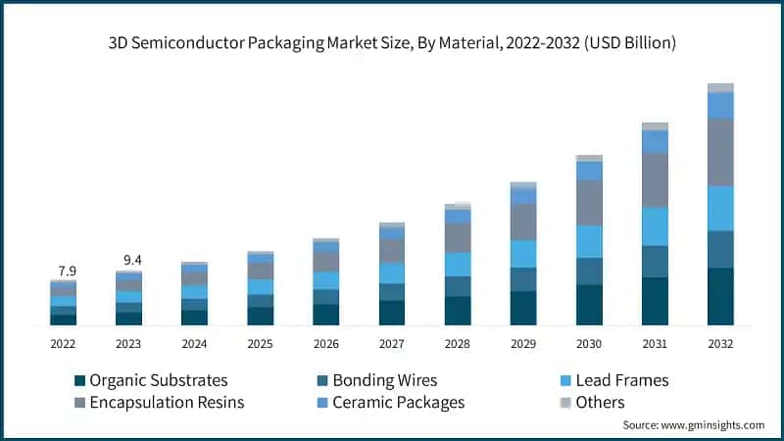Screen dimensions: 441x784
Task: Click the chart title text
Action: tap(392, 43)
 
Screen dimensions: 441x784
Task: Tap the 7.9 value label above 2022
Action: tap(64, 270)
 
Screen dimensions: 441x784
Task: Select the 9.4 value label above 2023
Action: tap(129, 260)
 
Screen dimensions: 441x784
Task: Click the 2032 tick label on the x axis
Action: tap(720, 344)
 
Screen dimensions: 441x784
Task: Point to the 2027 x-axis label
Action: tap(392, 344)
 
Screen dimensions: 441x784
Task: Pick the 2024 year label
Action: tap(195, 344)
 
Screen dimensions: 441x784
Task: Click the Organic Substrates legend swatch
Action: tap(79, 380)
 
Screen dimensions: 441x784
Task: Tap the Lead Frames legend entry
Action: tap(627, 380)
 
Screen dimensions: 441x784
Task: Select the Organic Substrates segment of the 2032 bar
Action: tap(720, 296)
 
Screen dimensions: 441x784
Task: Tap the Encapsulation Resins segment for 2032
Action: tap(720, 152)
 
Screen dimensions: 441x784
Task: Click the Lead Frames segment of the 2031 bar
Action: tap(655, 226)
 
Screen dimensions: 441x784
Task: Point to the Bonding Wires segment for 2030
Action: tap(589, 271)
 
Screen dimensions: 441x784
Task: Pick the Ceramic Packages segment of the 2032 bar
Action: tap(720, 105)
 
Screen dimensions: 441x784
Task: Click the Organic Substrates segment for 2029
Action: tap(523, 308)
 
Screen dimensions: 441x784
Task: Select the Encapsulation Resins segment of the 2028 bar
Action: tap(458, 238)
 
